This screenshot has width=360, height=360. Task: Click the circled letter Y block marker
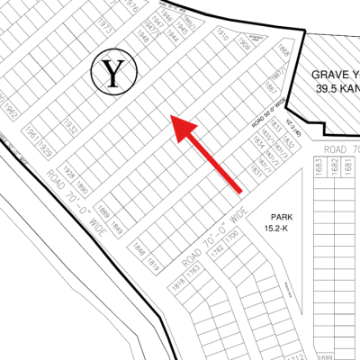pos(113,73)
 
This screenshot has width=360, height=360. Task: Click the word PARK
pos(273,217)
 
